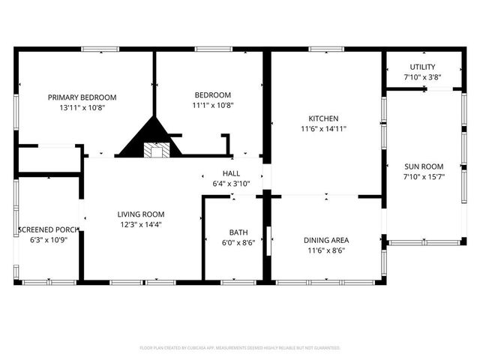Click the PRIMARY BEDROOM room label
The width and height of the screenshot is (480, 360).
point(82,97)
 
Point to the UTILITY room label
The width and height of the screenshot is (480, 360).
point(421,67)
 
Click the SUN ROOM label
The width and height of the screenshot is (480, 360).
point(424,166)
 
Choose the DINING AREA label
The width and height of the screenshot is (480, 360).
point(325,240)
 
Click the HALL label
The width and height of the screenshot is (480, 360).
point(231,173)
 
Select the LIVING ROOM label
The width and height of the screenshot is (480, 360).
point(140,214)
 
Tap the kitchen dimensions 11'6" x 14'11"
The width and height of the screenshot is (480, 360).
point(324,128)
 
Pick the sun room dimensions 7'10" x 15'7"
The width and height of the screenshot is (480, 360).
point(424,176)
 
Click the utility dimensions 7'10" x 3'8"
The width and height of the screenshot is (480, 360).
point(421,76)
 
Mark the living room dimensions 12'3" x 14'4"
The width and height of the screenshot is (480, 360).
point(140,223)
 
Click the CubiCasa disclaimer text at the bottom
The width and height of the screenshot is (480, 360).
point(240,348)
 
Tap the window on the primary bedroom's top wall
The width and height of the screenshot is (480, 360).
point(99,49)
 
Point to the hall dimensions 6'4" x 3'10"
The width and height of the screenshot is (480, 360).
point(231,183)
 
